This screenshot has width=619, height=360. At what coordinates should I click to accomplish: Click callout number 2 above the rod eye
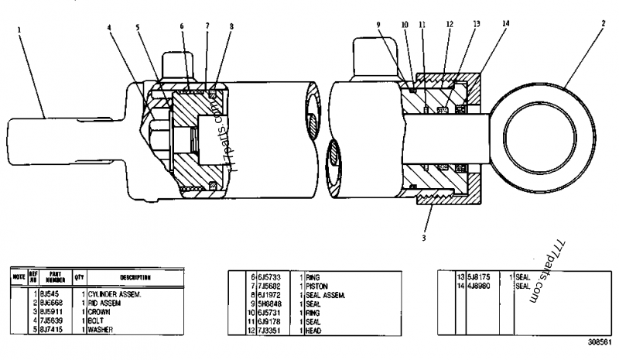click(602, 24)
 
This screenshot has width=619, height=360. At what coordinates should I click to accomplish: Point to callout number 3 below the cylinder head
click(424, 238)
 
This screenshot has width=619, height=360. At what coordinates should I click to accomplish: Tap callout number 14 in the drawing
click(505, 24)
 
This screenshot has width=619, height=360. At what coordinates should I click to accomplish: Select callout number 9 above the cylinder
click(378, 25)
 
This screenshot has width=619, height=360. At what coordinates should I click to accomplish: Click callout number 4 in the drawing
click(111, 28)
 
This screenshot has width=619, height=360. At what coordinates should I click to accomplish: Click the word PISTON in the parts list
click(318, 286)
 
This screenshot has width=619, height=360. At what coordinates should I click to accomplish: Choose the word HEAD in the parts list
click(314, 330)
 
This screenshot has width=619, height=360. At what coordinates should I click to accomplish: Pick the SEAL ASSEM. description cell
click(325, 295)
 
